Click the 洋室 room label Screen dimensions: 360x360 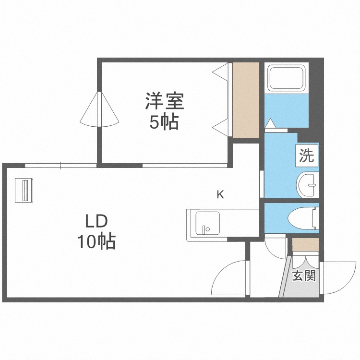point(165,101)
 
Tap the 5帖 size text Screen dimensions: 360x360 point(164,123)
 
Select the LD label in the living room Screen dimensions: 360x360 point(96,222)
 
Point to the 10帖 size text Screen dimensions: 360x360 point(96,241)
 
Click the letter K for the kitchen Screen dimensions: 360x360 point(220,194)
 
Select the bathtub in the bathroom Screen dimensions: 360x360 point(286,78)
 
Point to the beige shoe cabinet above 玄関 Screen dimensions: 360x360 point(306,244)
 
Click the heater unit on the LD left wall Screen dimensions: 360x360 point(24,191)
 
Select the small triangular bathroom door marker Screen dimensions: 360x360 point(271,124)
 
